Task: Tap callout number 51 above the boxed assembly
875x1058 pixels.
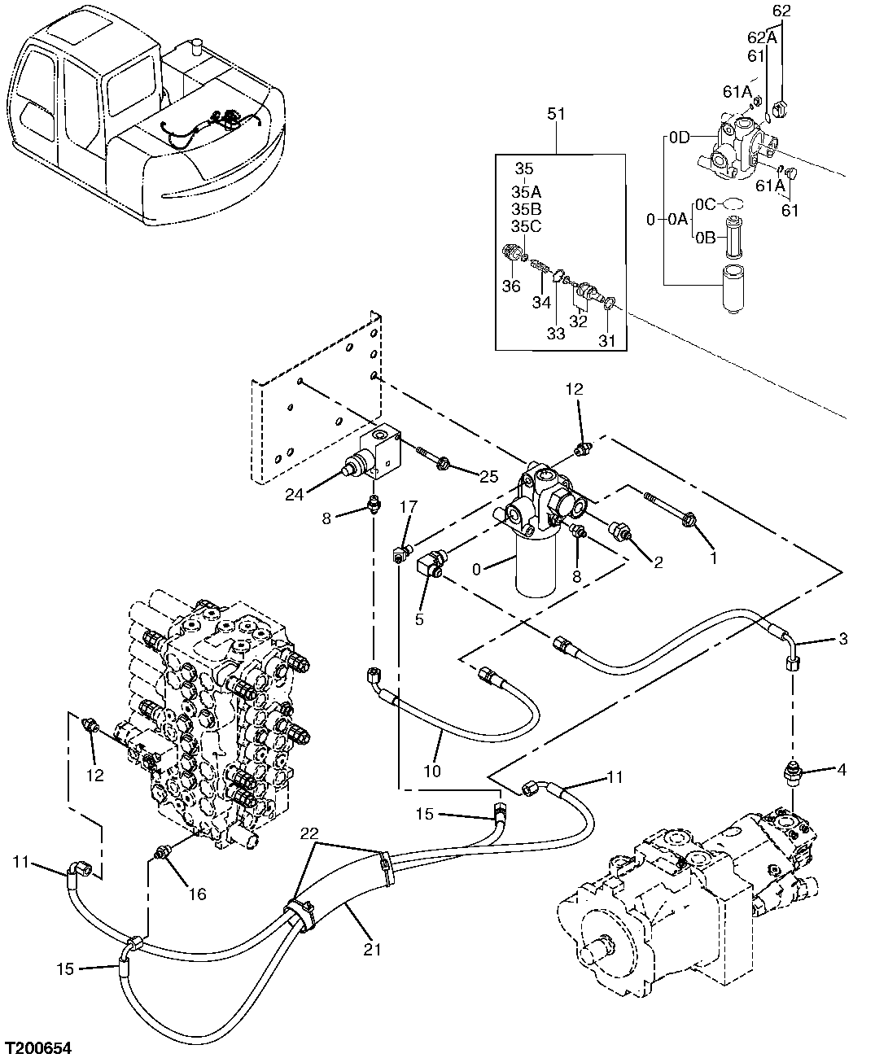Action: click(556, 115)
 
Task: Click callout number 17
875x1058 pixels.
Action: click(408, 508)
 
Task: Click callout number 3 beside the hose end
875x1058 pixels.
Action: click(842, 639)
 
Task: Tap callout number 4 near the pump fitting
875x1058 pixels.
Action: click(841, 768)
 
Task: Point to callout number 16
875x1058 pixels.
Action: click(197, 894)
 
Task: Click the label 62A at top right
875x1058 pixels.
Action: click(761, 37)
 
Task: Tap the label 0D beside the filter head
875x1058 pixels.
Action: click(680, 138)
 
